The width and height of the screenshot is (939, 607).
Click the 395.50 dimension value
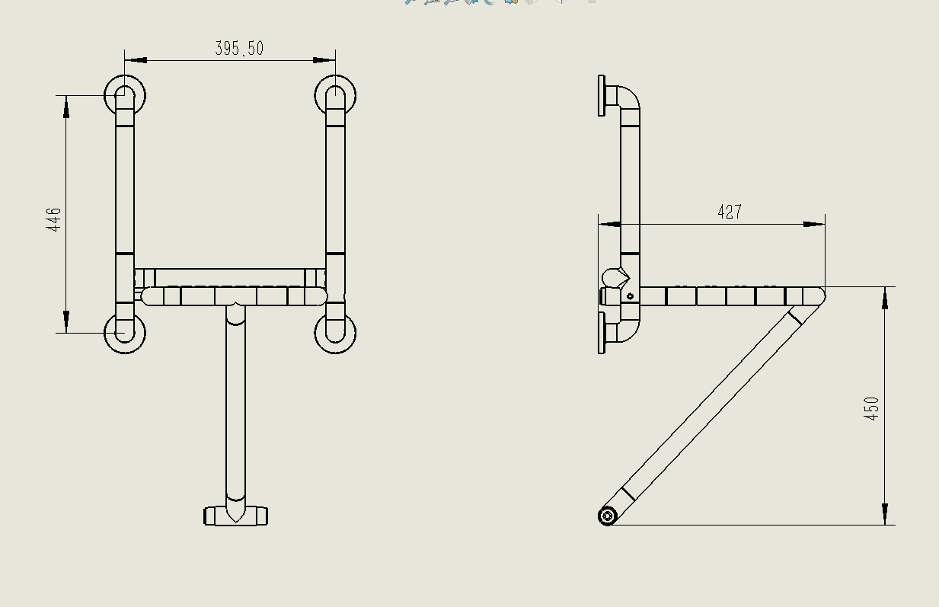pos(239,48)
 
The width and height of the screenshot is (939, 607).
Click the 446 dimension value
pos(53,219)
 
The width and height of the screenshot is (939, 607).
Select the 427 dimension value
pos(730,212)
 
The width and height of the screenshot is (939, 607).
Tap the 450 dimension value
pos(871,408)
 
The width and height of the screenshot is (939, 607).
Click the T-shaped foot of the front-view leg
pos(235,516)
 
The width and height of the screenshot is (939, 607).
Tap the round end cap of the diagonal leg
pos(608,516)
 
